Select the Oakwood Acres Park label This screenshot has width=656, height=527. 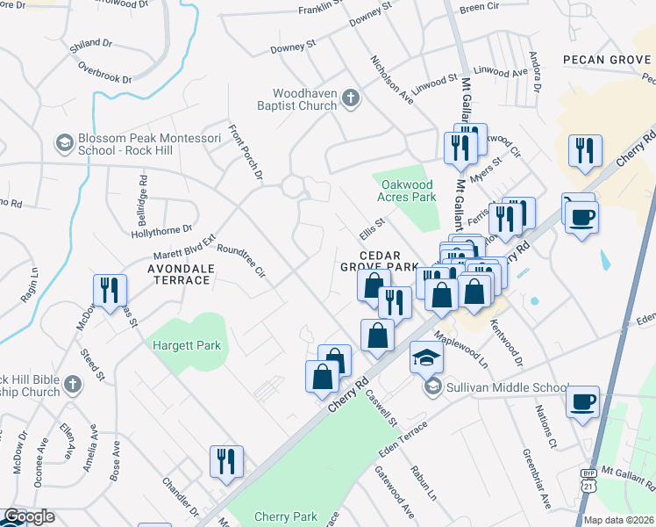pos(409,191)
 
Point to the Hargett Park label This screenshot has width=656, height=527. pos(188,345)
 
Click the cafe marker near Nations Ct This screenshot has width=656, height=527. pos(583,402)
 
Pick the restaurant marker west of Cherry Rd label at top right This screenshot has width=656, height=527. pos(583,151)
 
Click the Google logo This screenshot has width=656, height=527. pos(29,516)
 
